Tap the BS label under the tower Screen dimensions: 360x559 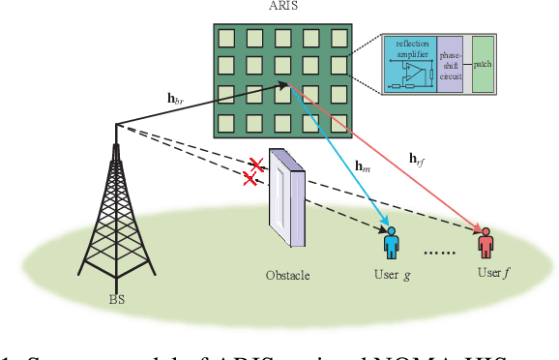click(118, 300)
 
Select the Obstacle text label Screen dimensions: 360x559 click(287, 276)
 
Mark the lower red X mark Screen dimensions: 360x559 click(250, 178)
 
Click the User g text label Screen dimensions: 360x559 click(393, 275)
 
